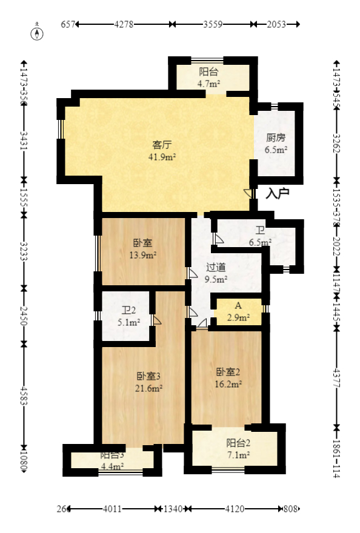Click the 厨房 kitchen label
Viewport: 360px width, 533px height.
click(276, 137)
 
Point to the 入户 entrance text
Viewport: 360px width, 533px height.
click(278, 194)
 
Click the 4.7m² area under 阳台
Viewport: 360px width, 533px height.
click(208, 84)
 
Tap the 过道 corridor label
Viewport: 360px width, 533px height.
click(216, 267)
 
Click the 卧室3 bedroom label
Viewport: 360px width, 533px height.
click(148, 376)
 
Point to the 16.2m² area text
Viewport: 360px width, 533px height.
click(229, 383)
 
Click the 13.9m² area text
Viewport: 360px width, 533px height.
click(144, 255)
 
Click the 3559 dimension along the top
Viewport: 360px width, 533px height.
click(212, 25)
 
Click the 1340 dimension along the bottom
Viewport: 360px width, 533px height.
click(173, 509)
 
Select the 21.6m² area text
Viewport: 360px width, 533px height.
click(148, 388)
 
